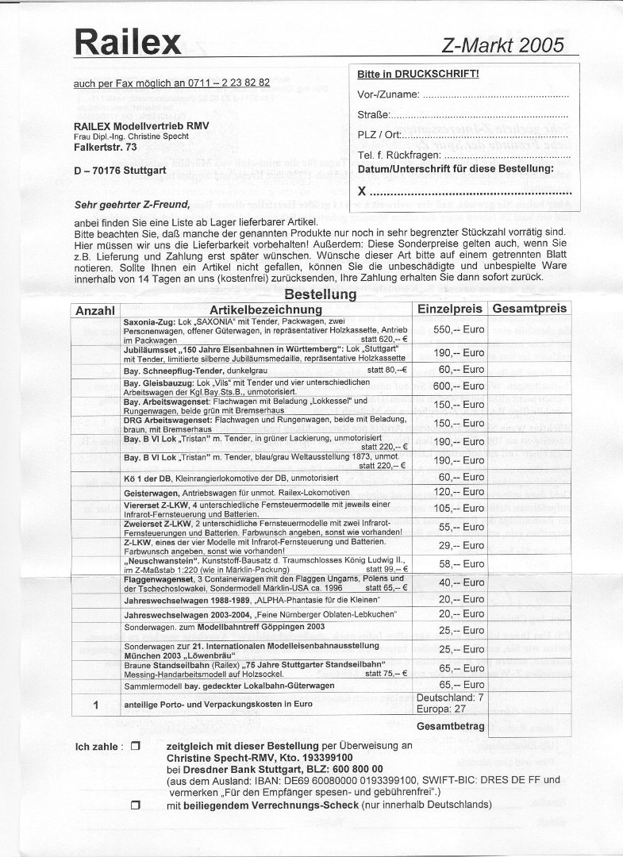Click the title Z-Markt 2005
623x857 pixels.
(503, 45)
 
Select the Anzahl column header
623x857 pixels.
(95, 310)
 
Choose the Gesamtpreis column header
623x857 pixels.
(529, 309)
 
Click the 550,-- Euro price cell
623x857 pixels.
(451, 329)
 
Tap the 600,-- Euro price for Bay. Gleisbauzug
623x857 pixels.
(451, 386)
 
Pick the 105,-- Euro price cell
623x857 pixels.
(451, 509)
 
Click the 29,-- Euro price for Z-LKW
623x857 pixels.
(451, 546)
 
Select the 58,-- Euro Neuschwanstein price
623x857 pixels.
(451, 564)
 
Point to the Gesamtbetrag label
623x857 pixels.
(449, 726)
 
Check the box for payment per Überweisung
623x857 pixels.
(135, 747)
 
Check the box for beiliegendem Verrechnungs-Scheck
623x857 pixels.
(135, 805)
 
